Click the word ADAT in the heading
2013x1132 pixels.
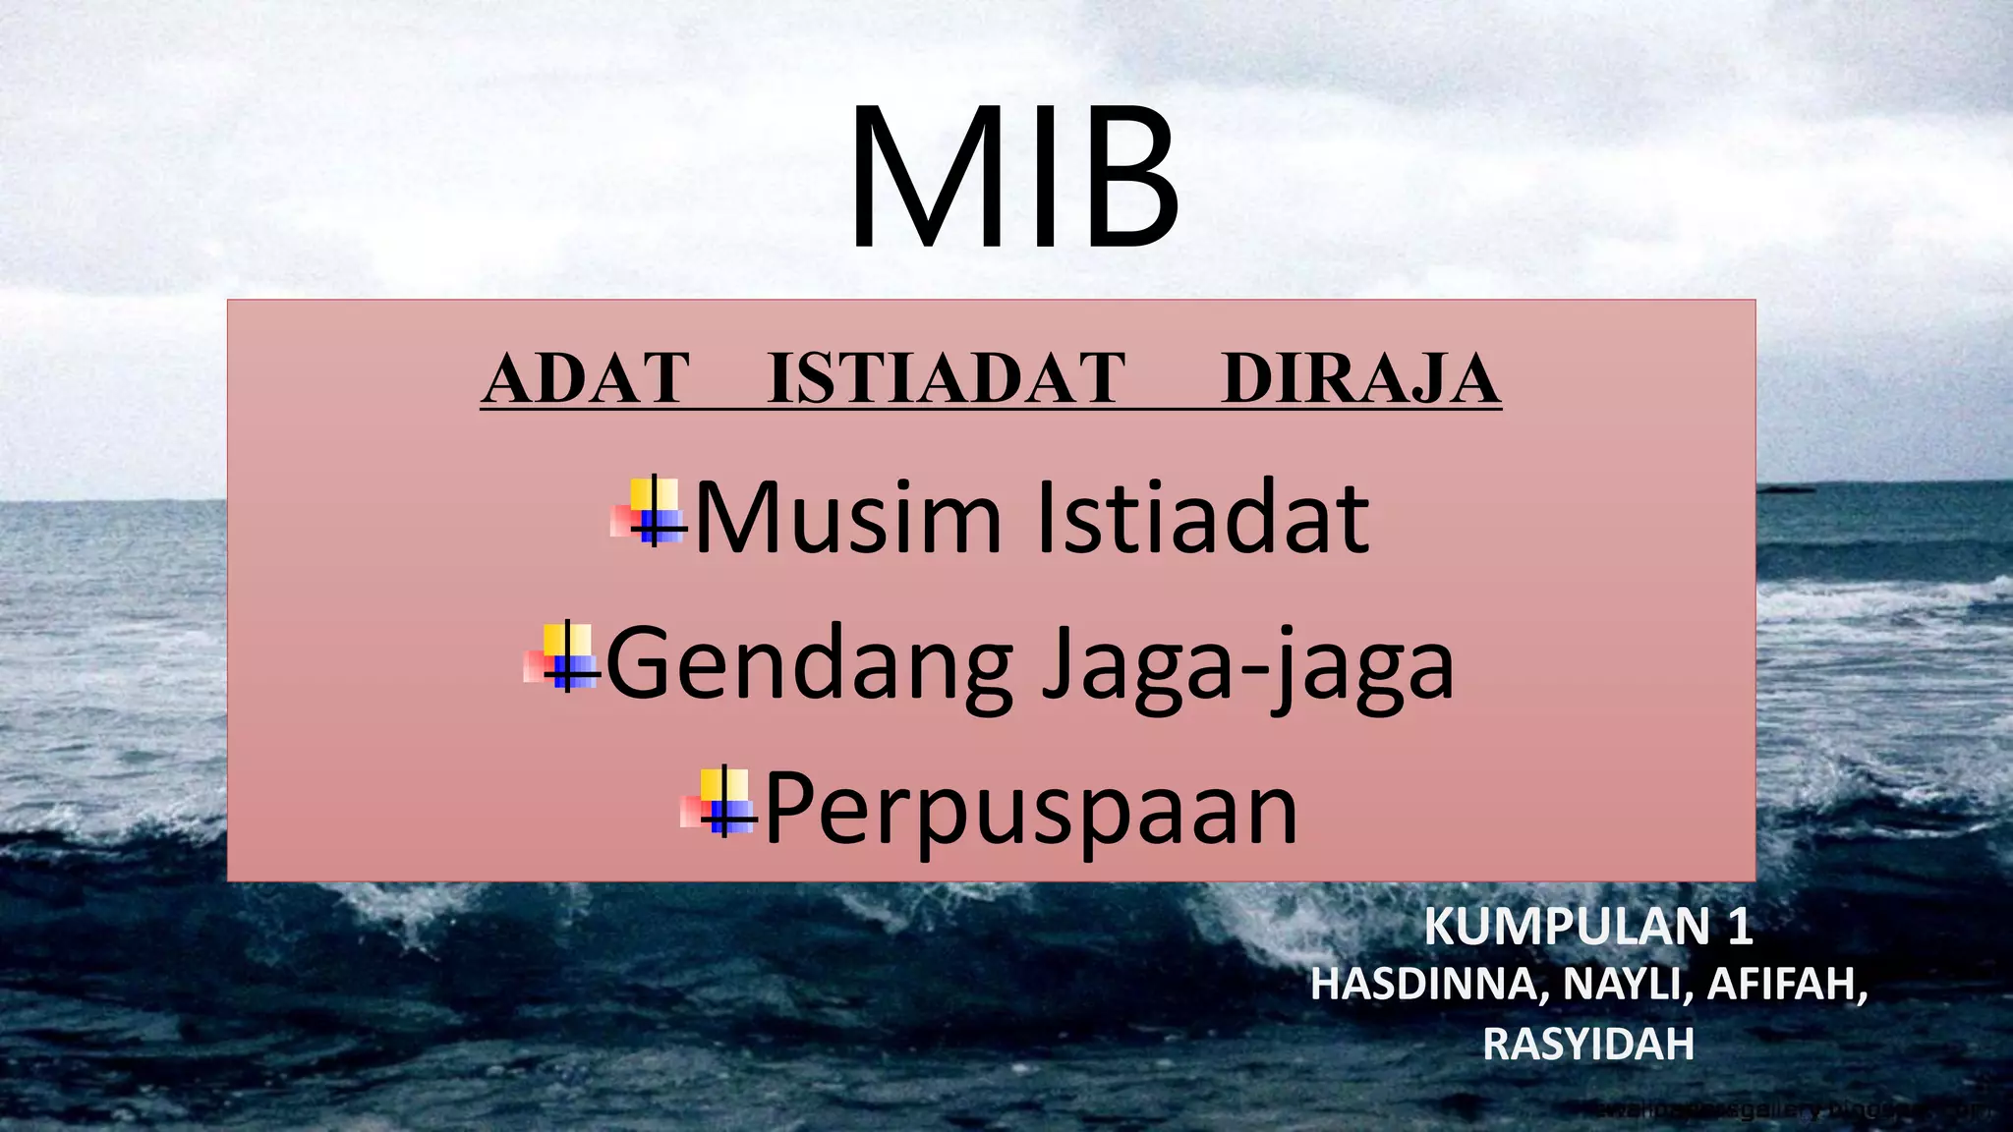587,379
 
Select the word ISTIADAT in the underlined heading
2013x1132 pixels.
946,379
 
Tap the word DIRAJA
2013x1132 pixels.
1360,379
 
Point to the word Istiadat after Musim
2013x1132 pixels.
1203,518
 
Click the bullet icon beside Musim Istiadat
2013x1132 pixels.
649,512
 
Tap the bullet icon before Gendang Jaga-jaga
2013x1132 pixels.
562,657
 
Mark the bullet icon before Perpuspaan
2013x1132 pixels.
719,803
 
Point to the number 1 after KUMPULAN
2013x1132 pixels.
1739,927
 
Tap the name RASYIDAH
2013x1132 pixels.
1588,1044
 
